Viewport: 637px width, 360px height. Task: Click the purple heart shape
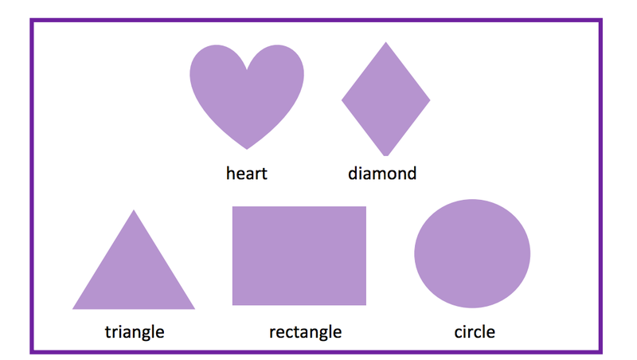click(247, 92)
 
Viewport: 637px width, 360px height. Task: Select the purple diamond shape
click(386, 100)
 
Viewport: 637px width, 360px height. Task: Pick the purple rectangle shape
click(299, 256)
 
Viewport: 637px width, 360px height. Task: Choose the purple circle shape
click(472, 254)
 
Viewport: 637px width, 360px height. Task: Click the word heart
click(247, 173)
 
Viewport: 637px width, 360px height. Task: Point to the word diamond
click(382, 173)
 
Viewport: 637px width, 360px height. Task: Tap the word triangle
click(135, 331)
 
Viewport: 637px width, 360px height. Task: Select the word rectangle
click(305, 331)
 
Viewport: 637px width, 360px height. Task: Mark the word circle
click(475, 331)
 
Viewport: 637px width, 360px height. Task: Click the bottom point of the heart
click(247, 148)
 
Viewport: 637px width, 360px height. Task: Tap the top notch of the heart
click(247, 68)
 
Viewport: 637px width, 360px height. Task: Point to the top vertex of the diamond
click(386, 42)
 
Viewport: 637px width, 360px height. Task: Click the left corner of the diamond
click(342, 100)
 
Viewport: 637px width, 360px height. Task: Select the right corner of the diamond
click(430, 100)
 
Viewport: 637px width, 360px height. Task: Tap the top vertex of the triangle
click(134, 210)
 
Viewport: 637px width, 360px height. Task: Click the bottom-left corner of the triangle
click(73, 308)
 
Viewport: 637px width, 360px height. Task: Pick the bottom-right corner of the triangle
click(194, 308)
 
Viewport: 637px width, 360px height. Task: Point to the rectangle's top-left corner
click(233, 207)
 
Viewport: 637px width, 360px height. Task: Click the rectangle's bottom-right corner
click(365, 304)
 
